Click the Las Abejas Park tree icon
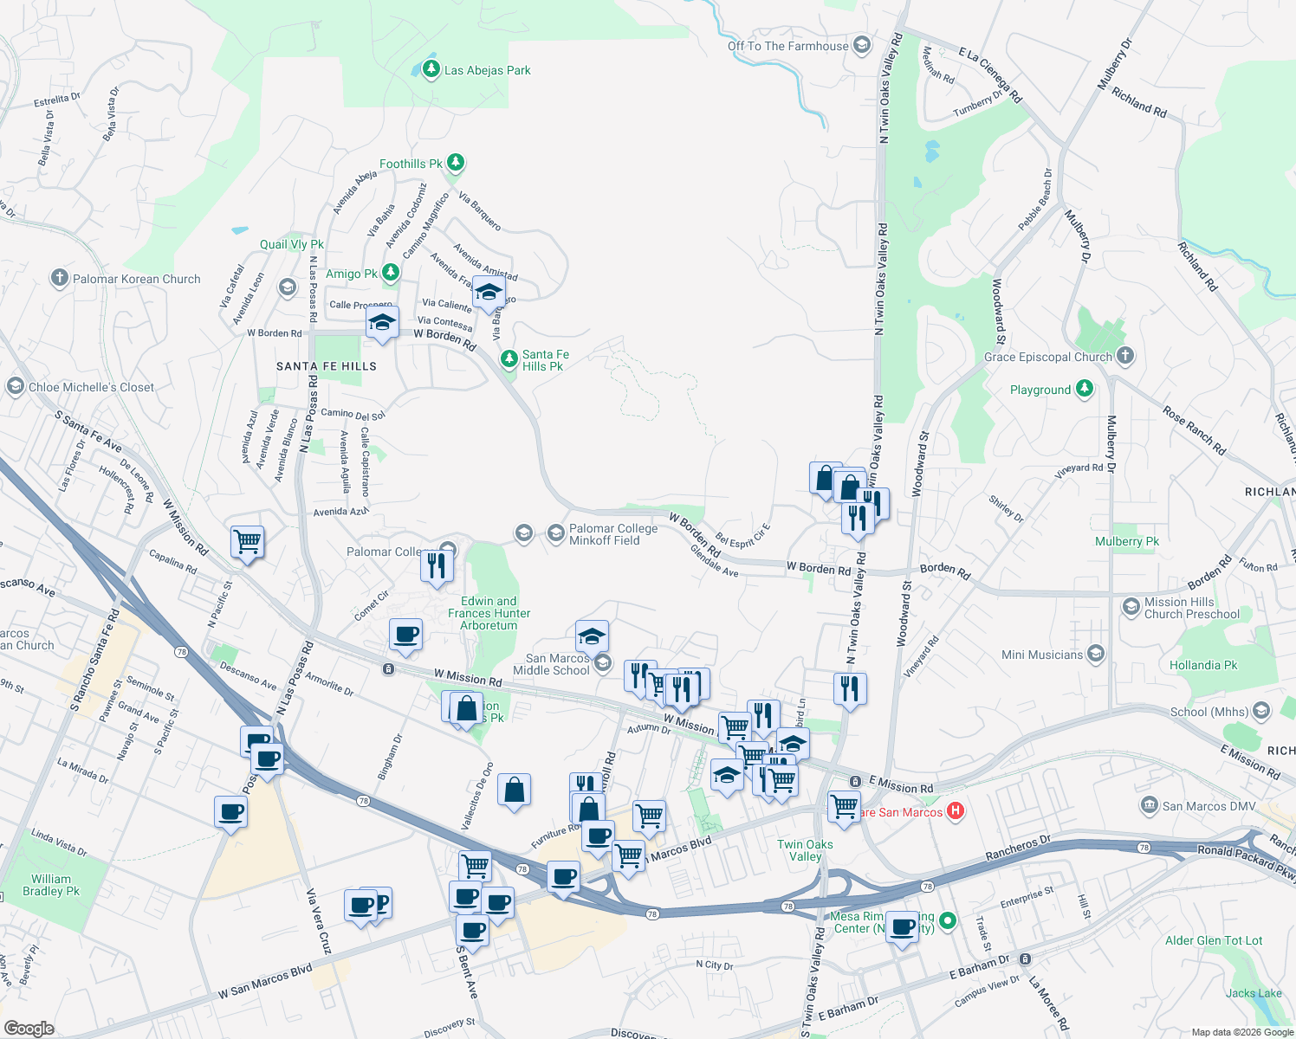[x=431, y=68]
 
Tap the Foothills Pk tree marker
[x=456, y=163]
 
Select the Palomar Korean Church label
[x=136, y=279]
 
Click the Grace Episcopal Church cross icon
[x=1124, y=355]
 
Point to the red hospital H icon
[x=955, y=811]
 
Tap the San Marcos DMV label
[x=1209, y=806]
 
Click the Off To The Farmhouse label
[x=787, y=46]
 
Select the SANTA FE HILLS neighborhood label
[x=327, y=366]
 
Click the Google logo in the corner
[x=29, y=1028]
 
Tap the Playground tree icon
[x=1085, y=389]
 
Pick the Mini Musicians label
[x=1042, y=655]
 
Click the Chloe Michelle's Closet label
[x=91, y=387]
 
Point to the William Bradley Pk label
[x=51, y=885]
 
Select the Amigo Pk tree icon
[x=391, y=273]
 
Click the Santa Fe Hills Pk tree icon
[x=509, y=358]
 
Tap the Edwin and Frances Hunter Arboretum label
[x=489, y=613]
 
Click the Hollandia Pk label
[x=1203, y=665]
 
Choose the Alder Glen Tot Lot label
[x=1214, y=940]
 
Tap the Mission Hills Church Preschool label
[x=1191, y=608]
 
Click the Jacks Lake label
[x=1253, y=993]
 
